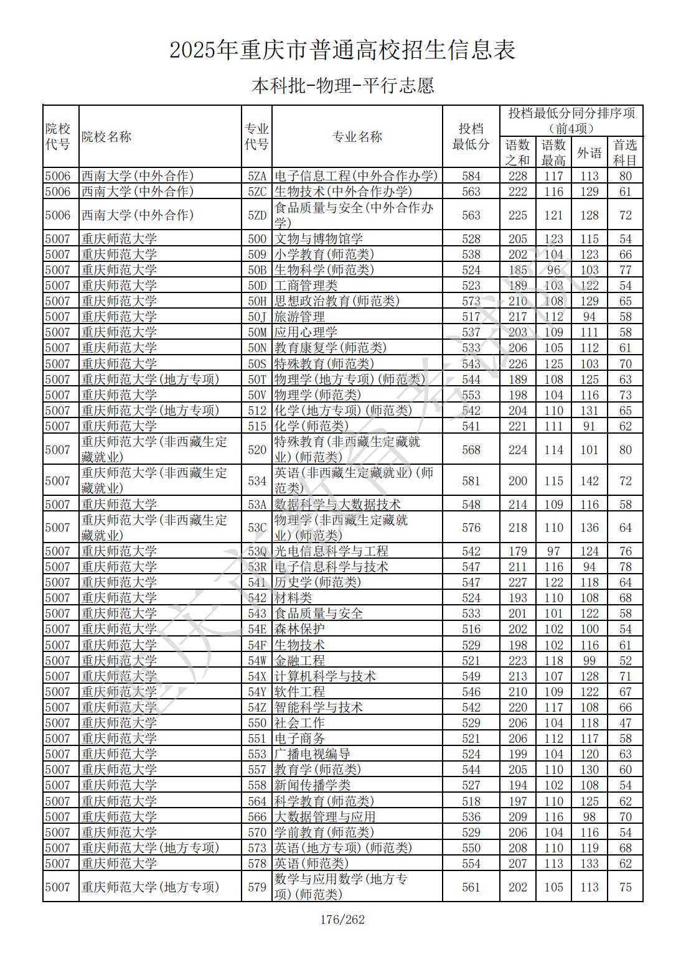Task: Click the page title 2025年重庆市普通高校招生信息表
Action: coord(342,50)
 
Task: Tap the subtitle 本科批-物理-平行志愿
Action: coord(342,85)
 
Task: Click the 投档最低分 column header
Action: coord(471,136)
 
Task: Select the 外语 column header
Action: coord(589,152)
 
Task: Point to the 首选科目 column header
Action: coord(625,152)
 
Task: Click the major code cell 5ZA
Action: coord(256,176)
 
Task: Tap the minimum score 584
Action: coord(471,176)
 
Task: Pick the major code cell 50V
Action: coord(256,395)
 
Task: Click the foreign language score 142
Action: coord(589,481)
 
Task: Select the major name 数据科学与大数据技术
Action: coord(337,505)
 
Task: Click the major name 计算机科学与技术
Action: coord(325,676)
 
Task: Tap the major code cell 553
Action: coord(256,754)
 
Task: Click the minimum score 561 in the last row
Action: coord(471,887)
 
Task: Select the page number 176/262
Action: coord(342,920)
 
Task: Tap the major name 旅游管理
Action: coord(299,317)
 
